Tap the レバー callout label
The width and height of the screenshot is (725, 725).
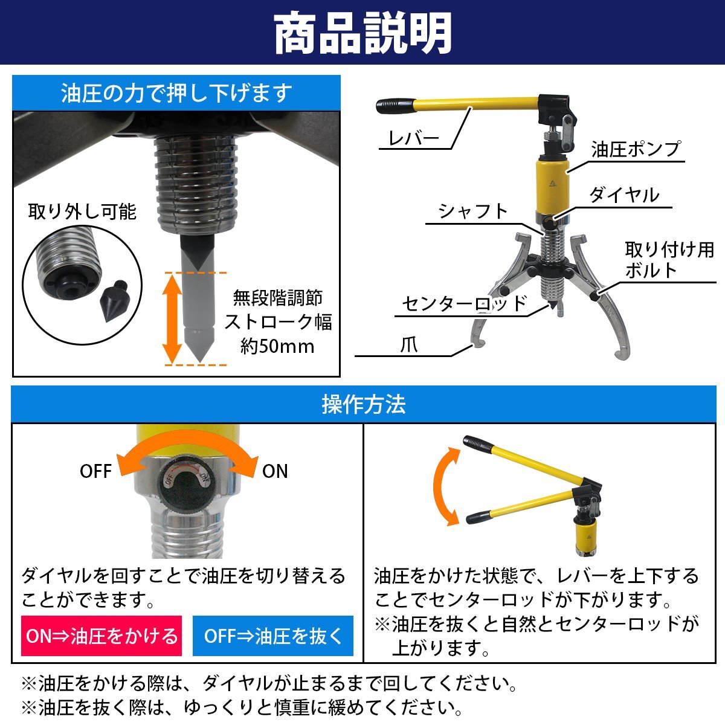[x=413, y=138]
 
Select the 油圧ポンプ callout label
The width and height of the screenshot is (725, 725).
[x=636, y=149]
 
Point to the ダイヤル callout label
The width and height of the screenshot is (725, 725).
[x=624, y=195]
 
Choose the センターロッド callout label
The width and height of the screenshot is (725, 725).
[x=464, y=303]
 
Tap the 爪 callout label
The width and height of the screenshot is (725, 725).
[x=408, y=344]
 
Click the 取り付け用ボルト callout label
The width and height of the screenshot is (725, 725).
[x=669, y=260]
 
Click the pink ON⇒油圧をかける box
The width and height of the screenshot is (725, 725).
[x=101, y=636]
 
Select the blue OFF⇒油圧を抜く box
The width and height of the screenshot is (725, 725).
[x=272, y=636]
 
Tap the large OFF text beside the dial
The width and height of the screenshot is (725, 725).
[x=95, y=471]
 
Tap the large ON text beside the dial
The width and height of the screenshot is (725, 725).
[x=275, y=471]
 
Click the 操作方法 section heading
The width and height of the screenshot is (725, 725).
[x=364, y=405]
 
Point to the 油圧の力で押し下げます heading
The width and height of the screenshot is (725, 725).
[x=176, y=93]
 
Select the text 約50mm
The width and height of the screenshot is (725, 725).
[x=278, y=347]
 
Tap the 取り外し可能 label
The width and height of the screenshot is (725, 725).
[x=82, y=211]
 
